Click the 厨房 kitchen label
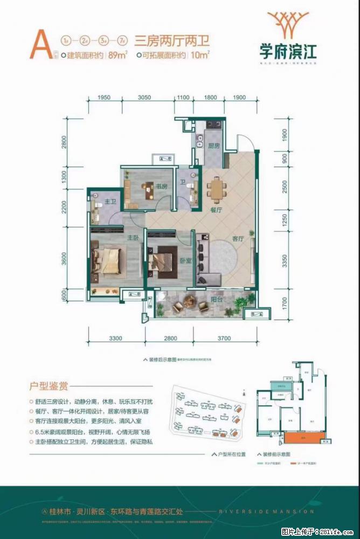click(x=213, y=146)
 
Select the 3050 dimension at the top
click(x=144, y=98)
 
